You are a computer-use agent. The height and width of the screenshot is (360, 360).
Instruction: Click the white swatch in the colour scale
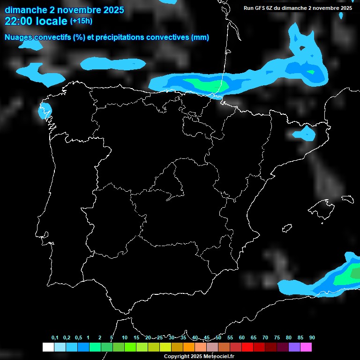coord(48,347)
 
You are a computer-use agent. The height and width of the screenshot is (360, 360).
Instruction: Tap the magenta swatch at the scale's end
coord(306,347)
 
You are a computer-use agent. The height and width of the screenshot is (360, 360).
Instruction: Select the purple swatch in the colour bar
coord(294,347)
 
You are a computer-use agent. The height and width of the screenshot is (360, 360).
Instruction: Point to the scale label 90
coord(312,338)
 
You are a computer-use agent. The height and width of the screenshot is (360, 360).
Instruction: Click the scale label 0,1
coord(55,338)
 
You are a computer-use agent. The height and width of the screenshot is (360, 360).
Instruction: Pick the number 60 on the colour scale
coord(242,338)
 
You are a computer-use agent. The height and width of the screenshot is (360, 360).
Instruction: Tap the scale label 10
coord(125,338)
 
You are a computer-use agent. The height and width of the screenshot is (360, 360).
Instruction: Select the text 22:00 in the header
coord(19,21)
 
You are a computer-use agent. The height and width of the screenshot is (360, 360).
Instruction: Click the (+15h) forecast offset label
coord(81,21)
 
